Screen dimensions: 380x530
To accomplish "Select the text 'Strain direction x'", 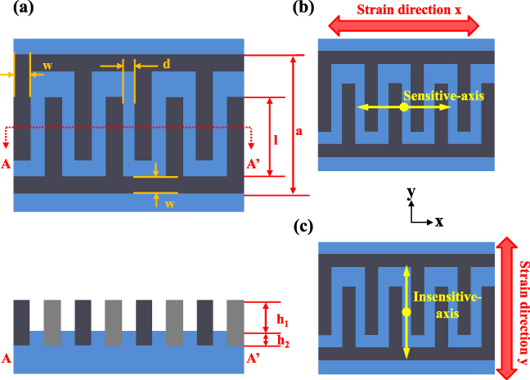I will pyautogui.click(x=404, y=11).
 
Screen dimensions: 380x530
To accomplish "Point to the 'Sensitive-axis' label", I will pyautogui.click(x=450, y=96).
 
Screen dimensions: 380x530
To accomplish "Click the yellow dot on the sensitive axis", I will pyautogui.click(x=404, y=107).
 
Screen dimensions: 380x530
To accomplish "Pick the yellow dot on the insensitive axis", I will pyautogui.click(x=406, y=312).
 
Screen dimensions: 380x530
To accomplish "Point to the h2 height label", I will pyautogui.click(x=282, y=340).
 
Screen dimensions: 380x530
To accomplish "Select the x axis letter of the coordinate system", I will pyautogui.click(x=439, y=221).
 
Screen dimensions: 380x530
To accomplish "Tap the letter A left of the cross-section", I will pyautogui.click(x=7, y=358).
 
